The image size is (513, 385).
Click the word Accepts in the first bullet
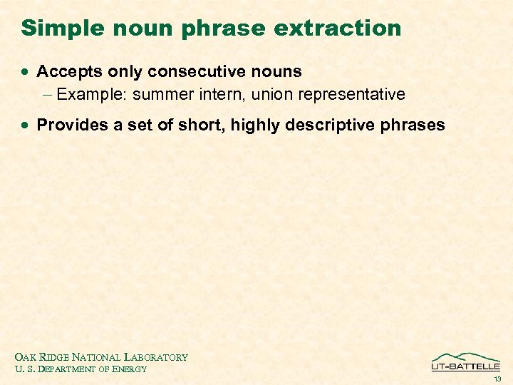tap(65, 72)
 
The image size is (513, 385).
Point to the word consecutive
tap(197, 71)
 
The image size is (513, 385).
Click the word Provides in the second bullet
tap(68, 125)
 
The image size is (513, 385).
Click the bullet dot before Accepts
tap(26, 73)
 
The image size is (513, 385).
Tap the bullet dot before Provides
tap(26, 126)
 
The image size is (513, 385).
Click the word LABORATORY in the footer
tap(156, 357)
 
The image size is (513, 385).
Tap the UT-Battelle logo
tap(466, 361)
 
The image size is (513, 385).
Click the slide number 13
tap(497, 379)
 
